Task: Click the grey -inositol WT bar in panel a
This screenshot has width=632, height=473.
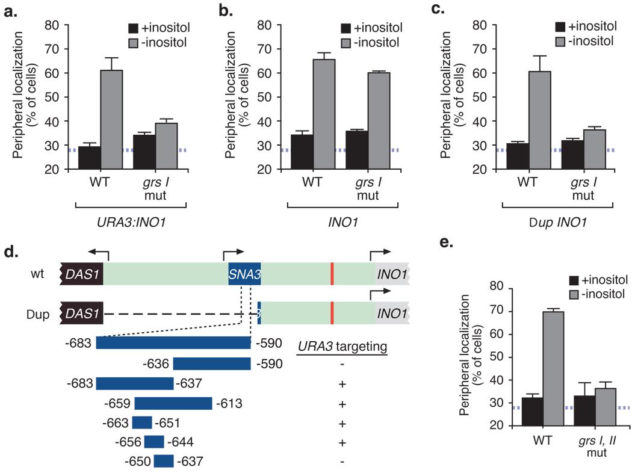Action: [x=112, y=120]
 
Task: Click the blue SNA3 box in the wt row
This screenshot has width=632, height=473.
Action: [x=244, y=276]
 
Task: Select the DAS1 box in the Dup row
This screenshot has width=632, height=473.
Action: [x=82, y=314]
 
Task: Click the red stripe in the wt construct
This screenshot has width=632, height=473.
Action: [x=331, y=276]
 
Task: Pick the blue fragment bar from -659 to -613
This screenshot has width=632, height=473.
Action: [x=173, y=403]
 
